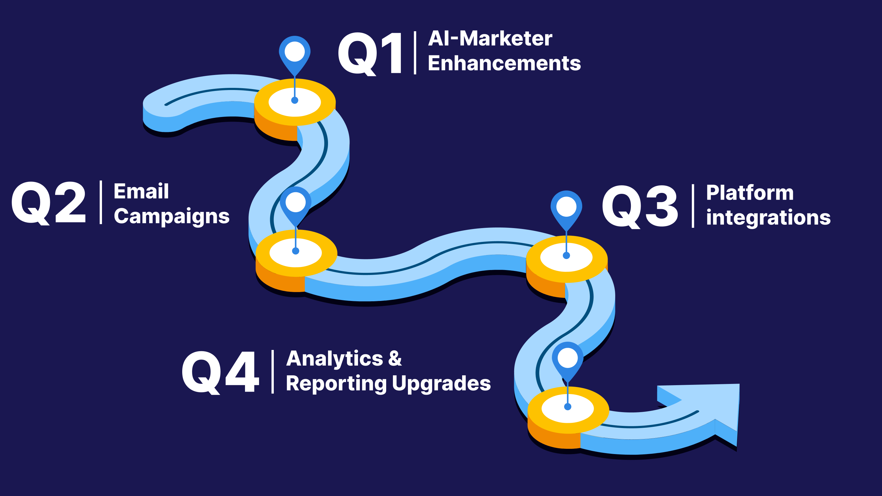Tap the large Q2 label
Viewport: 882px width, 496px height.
(48, 203)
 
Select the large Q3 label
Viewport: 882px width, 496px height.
(639, 206)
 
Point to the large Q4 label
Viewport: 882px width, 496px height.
(220, 372)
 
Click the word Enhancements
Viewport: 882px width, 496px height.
(504, 63)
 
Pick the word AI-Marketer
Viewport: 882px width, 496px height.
(490, 38)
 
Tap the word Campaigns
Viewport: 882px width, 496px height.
(171, 217)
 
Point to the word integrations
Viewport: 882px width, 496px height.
(768, 218)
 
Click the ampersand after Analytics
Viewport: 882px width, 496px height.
(395, 359)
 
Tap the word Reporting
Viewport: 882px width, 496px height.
(336, 383)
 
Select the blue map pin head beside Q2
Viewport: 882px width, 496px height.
(296, 203)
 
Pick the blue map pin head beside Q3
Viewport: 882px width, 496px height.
(566, 207)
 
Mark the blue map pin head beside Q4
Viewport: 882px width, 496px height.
(568, 358)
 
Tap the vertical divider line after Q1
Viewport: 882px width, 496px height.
(415, 53)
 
